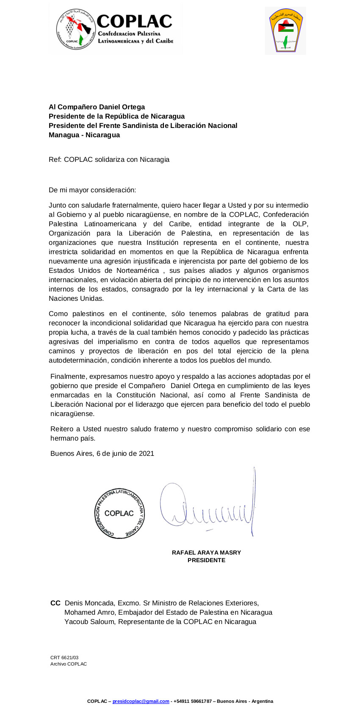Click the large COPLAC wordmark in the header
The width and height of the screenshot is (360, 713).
134,21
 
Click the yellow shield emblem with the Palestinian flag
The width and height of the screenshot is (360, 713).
285,31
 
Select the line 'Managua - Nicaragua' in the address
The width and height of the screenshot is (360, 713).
84,135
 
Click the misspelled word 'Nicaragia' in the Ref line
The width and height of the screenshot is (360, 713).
155,160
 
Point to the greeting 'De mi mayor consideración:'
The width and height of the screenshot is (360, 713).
92,190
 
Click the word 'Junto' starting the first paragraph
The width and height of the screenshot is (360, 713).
58,205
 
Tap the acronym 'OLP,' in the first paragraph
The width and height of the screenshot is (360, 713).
300,224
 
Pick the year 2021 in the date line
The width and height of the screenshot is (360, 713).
147,454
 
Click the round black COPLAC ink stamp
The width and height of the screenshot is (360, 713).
119,513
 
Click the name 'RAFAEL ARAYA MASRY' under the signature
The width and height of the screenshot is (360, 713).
206,553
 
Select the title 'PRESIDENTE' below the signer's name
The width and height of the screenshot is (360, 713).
206,560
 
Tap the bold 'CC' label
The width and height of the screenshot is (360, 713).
55,603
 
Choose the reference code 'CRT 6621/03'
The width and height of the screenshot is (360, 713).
64,658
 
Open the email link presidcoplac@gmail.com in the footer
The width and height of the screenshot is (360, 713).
141,701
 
